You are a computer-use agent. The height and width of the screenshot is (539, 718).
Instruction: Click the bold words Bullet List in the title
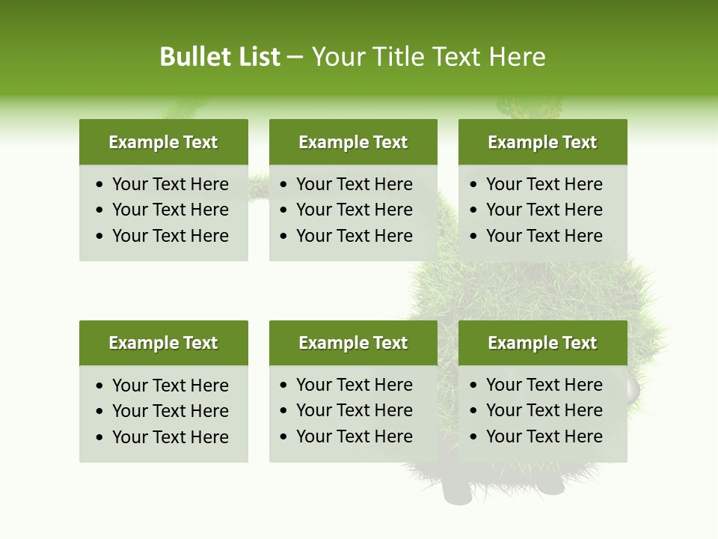[220, 57]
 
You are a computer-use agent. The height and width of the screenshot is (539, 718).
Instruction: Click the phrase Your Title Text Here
[429, 57]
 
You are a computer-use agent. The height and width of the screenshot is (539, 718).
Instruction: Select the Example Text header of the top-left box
[163, 142]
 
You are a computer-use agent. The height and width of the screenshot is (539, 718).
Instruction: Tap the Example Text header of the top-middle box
[353, 142]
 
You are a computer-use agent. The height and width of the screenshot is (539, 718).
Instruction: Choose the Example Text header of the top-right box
[542, 142]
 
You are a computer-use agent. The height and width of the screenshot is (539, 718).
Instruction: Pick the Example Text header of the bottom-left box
[163, 343]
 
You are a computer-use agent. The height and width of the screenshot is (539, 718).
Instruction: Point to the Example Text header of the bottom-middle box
[353, 343]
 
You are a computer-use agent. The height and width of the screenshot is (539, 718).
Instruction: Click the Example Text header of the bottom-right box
[542, 343]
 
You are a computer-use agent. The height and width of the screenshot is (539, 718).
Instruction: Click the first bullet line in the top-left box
[170, 184]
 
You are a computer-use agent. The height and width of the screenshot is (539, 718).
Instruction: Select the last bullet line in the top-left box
[170, 236]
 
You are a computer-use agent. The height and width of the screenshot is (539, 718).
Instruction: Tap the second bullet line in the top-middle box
[354, 210]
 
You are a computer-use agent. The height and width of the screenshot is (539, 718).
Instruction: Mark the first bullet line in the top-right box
[544, 184]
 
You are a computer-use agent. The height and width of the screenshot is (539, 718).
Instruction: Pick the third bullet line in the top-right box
[544, 236]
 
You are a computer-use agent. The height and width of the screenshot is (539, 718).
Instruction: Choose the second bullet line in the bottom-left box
[170, 411]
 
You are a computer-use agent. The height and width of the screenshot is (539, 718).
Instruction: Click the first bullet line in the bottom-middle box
[354, 385]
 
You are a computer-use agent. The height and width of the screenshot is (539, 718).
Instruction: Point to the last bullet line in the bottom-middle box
[354, 436]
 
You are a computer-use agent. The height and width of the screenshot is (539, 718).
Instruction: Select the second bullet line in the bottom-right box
[544, 410]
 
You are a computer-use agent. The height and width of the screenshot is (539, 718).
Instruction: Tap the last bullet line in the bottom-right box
[544, 436]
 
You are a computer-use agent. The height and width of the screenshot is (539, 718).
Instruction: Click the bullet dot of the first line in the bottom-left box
[100, 386]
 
